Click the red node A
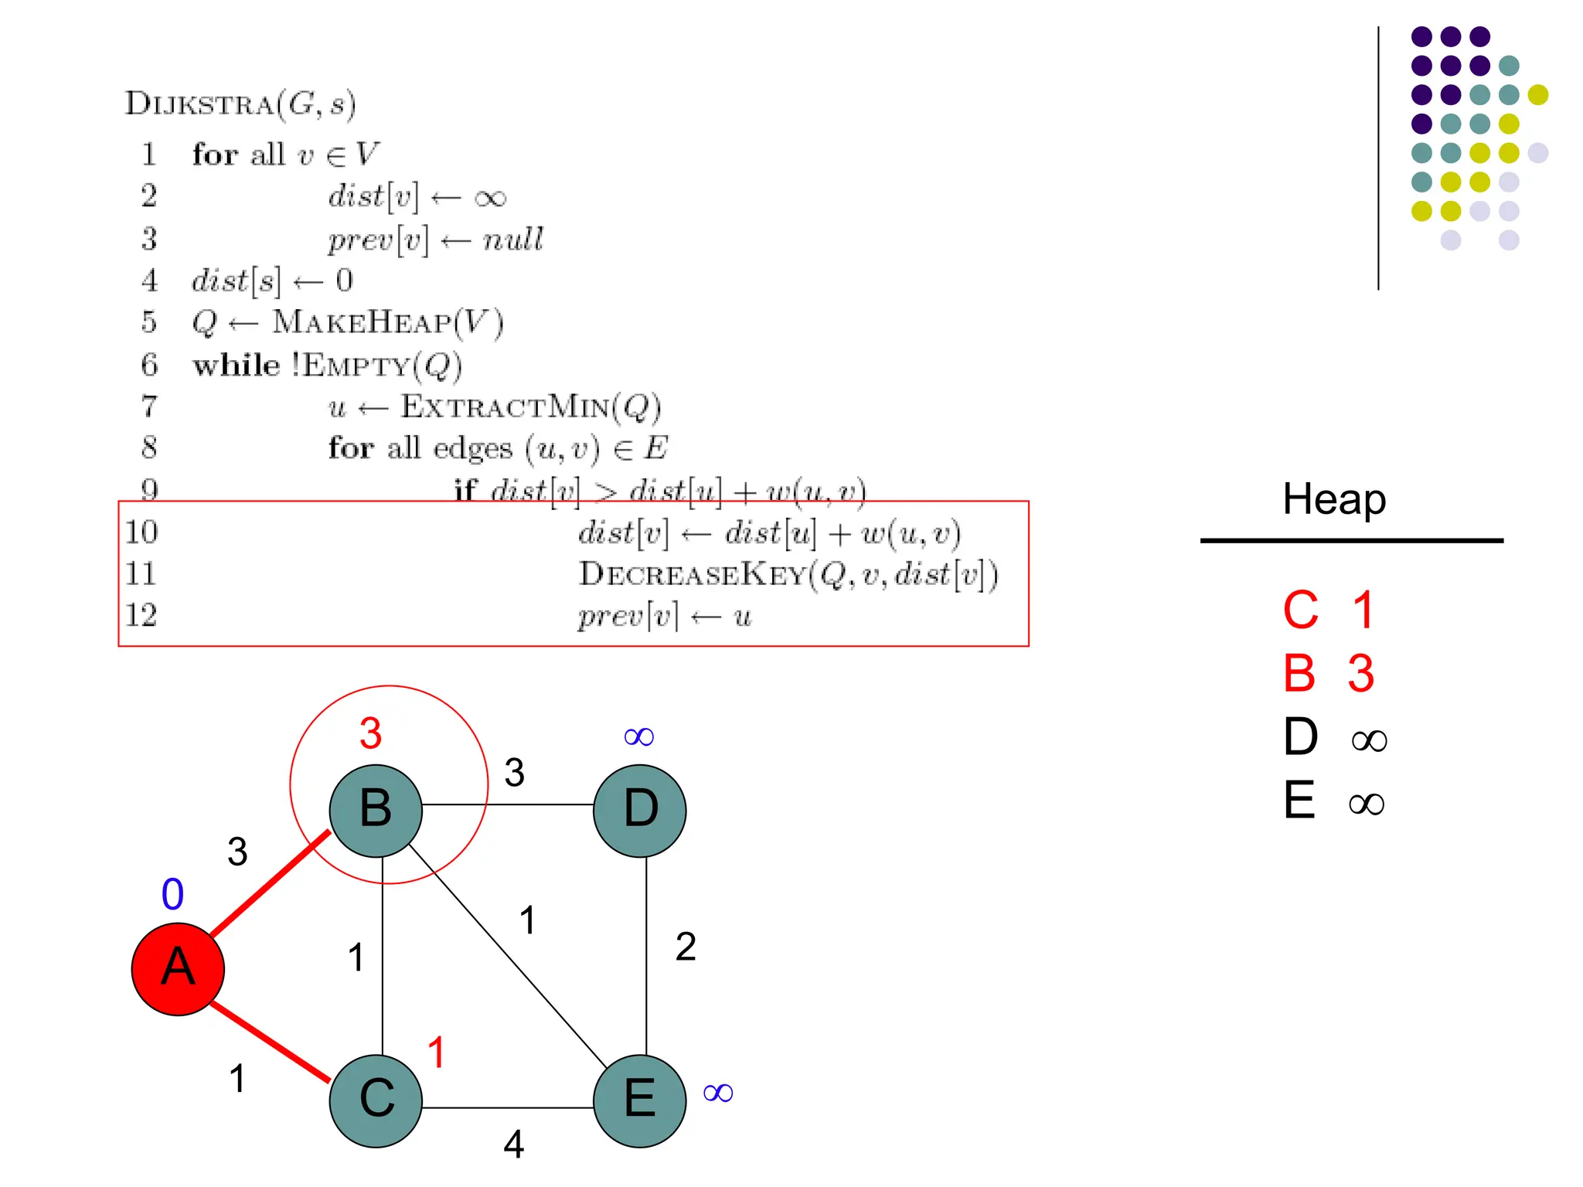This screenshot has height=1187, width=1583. pyautogui.click(x=178, y=968)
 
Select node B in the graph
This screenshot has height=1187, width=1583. pyautogui.click(x=376, y=810)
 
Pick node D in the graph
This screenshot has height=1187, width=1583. pyautogui.click(x=640, y=810)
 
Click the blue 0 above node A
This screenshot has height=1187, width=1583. pyautogui.click(x=172, y=895)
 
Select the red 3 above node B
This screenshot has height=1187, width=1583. pyautogui.click(x=371, y=733)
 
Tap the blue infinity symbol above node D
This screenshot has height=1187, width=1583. pyautogui.click(x=638, y=736)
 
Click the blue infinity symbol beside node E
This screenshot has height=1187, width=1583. pyautogui.click(x=718, y=1093)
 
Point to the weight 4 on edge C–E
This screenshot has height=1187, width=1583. pyautogui.click(x=514, y=1144)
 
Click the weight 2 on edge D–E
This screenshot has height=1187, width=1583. pyautogui.click(x=686, y=947)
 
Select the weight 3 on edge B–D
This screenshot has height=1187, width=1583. pyautogui.click(x=515, y=772)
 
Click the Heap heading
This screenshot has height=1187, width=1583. pyautogui.click(x=1334, y=499)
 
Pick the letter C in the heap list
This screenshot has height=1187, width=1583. pyautogui.click(x=1301, y=611)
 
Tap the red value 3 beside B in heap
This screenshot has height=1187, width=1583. pyautogui.click(x=1361, y=673)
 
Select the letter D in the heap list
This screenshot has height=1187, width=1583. pyautogui.click(x=1301, y=736)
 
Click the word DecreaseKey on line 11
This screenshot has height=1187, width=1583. pyautogui.click(x=693, y=574)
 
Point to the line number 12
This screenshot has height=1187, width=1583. pyautogui.click(x=141, y=615)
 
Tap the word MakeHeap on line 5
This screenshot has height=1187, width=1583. pyautogui.click(x=362, y=322)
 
